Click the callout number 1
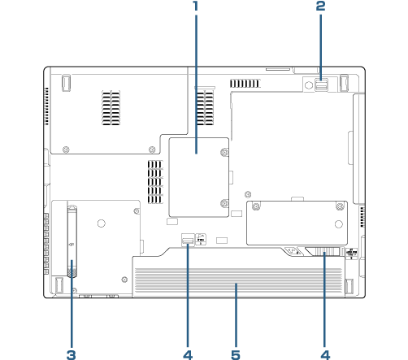[x=196, y=6]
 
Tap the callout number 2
[x=321, y=6]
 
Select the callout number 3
[x=72, y=354]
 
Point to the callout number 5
[x=236, y=354]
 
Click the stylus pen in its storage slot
[x=72, y=241]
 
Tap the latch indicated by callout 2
[x=322, y=85]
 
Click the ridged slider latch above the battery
[x=326, y=252]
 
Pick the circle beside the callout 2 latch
[x=309, y=85]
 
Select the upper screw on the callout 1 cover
[x=224, y=152]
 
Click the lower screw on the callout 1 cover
[x=224, y=203]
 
